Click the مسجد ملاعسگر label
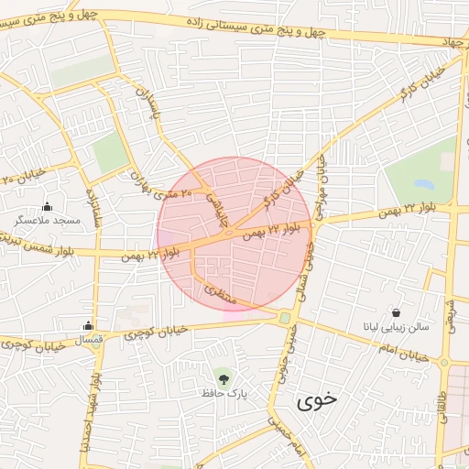click(x=48, y=221)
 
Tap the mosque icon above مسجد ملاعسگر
click(x=48, y=206)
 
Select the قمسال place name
click(x=88, y=340)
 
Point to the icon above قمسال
click(x=88, y=325)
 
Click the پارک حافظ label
click(x=226, y=392)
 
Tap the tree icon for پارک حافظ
click(x=223, y=376)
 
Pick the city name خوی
click(x=317, y=400)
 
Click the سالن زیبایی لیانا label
click(x=395, y=327)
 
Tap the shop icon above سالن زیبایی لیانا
click(x=395, y=312)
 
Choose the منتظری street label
click(x=218, y=294)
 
